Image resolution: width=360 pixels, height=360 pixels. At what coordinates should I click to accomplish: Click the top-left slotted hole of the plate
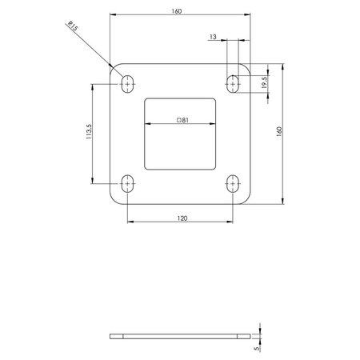tap(127, 82)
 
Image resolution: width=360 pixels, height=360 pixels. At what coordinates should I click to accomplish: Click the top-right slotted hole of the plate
tap(234, 82)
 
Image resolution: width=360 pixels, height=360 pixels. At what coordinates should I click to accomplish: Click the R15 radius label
tap(74, 28)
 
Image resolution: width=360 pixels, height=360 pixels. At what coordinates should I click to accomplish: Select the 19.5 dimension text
tap(264, 82)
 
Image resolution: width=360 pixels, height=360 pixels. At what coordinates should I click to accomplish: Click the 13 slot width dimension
tap(211, 36)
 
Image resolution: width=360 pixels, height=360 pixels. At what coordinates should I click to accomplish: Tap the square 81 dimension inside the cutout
tap(182, 119)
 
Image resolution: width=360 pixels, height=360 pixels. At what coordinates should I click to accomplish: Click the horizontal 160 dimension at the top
tap(176, 11)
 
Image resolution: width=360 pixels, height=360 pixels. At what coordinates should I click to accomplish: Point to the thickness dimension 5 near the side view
tap(255, 349)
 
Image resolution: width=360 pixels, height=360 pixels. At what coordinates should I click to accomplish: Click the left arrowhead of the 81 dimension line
tap(147, 124)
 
